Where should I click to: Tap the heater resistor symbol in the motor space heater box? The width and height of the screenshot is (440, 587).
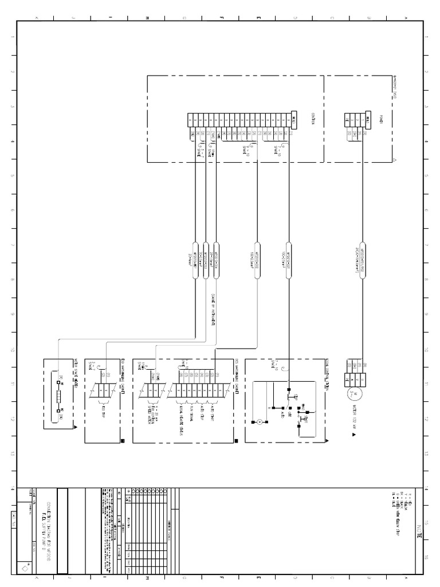pyautogui.click(x=60, y=395)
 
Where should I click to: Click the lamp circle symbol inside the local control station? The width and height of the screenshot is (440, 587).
pyautogui.click(x=259, y=422)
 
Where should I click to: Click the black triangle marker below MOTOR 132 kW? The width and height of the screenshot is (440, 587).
pyautogui.click(x=353, y=435)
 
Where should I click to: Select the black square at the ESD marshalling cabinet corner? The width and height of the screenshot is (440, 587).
pyautogui.click(x=121, y=440)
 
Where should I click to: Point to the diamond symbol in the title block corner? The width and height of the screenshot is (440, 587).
pyautogui.click(x=24, y=568)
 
